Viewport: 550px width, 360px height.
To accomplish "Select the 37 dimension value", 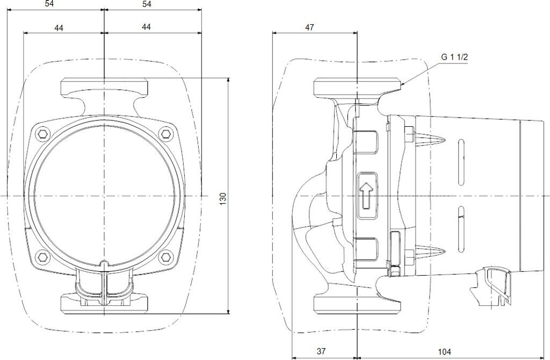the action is coord(321,351).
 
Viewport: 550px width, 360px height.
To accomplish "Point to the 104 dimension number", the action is coord(444,351).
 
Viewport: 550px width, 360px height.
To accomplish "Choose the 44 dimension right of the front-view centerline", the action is coord(147,27).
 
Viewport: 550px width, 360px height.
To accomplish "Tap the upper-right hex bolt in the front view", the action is coord(166,133).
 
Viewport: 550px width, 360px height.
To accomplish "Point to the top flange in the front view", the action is coord(104,86).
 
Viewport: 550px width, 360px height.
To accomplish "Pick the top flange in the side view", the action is coord(357,86).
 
